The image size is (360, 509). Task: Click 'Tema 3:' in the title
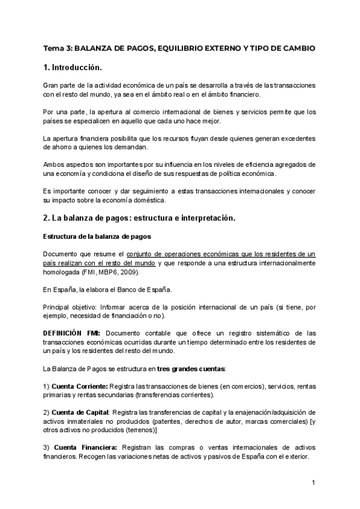pyautogui.click(x=58, y=47)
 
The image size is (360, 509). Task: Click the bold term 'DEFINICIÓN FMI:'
pyautogui.click(x=73, y=333)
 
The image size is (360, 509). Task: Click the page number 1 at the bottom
pyautogui.click(x=313, y=483)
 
